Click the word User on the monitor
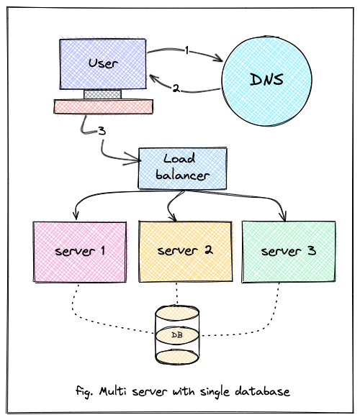103,63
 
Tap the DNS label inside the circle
266,79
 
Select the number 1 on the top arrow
187,50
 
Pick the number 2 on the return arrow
176,88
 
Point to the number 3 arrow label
102,131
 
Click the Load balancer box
182,168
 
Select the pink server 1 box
80,252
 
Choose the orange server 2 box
185,251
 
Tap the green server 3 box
289,252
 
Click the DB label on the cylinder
177,335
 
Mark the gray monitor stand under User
102,94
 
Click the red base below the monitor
104,106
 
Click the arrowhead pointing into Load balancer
137,160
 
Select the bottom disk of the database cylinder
177,357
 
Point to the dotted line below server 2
176,294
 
